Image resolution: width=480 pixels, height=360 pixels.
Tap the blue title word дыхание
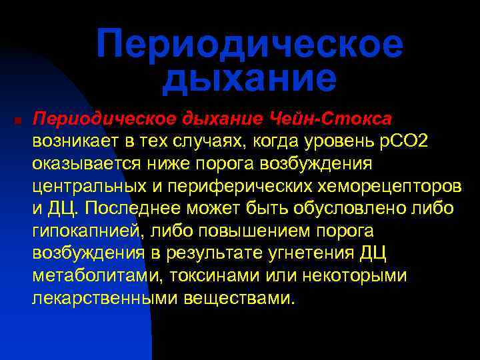(x=249, y=78)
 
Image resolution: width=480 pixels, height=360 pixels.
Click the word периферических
(x=221, y=186)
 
